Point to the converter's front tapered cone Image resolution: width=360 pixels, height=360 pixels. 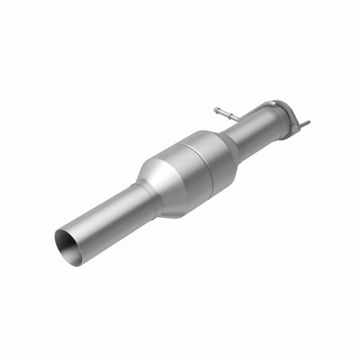(161, 176)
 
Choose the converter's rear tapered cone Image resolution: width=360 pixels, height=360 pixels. (227, 145)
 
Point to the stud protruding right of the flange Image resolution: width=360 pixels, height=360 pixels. (304, 124)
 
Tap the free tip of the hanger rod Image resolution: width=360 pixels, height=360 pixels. (216, 109)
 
